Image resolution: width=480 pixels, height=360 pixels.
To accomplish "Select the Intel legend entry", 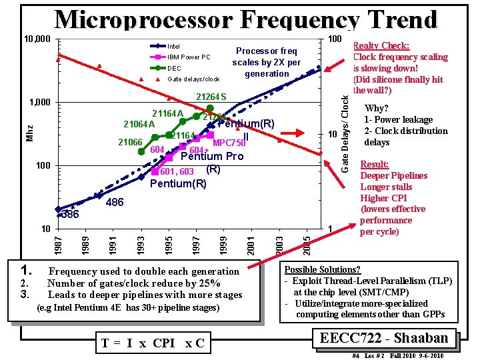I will tap(173, 46).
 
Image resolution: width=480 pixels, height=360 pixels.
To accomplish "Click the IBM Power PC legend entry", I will tap(188, 57).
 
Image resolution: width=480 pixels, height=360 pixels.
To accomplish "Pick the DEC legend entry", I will tap(174, 68).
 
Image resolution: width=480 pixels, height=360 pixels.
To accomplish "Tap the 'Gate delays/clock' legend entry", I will tap(193, 79).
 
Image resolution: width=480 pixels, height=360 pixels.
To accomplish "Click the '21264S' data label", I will tap(211, 98).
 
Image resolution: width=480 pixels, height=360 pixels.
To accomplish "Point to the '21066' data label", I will tap(130, 142).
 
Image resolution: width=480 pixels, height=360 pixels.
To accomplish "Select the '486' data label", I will tap(115, 201).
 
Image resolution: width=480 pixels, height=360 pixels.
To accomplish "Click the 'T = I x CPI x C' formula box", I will tap(153, 343).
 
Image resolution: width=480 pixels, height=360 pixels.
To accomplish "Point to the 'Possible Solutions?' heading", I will tap(322, 269).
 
